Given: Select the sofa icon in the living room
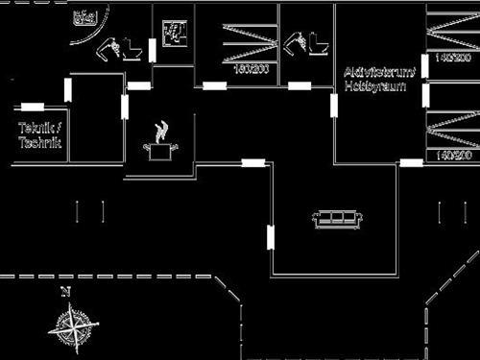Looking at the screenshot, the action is pyautogui.click(x=337, y=220).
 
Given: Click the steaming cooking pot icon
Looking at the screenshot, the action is pyautogui.click(x=159, y=140).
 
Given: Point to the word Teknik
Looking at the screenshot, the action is pyautogui.click(x=39, y=128).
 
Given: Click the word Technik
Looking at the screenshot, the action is pyautogui.click(x=39, y=142).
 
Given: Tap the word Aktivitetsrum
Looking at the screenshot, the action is pyautogui.click(x=380, y=72).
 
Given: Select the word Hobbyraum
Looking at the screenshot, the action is pyautogui.click(x=374, y=86).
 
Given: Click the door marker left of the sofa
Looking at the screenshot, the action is pyautogui.click(x=271, y=235).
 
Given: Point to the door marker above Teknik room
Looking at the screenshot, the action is pyautogui.click(x=32, y=107).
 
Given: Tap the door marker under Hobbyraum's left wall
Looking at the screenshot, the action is pyautogui.click(x=334, y=105).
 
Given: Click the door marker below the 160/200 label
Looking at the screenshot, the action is pyautogui.click(x=215, y=85).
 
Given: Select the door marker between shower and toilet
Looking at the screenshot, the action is pyautogui.click(x=153, y=50).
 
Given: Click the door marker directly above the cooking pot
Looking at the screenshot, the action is pyautogui.click(x=139, y=85).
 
